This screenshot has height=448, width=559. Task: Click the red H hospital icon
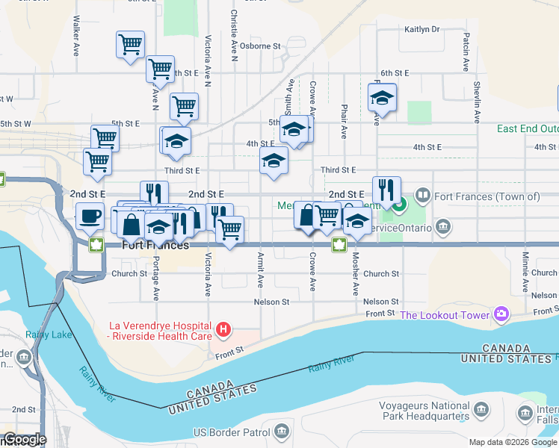click(223, 329)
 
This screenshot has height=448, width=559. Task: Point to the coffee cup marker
click(90, 215)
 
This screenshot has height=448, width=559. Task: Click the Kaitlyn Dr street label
click(422, 30)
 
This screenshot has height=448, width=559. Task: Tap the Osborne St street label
click(260, 46)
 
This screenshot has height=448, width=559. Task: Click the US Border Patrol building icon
click(281, 431)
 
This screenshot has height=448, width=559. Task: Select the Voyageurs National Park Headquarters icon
click(481, 409)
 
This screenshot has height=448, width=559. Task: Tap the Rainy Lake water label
click(48, 335)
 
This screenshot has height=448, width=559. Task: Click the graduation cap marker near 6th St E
click(382, 98)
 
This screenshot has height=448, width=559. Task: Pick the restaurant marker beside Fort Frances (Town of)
click(386, 190)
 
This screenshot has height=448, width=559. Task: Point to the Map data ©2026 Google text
click(512, 442)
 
